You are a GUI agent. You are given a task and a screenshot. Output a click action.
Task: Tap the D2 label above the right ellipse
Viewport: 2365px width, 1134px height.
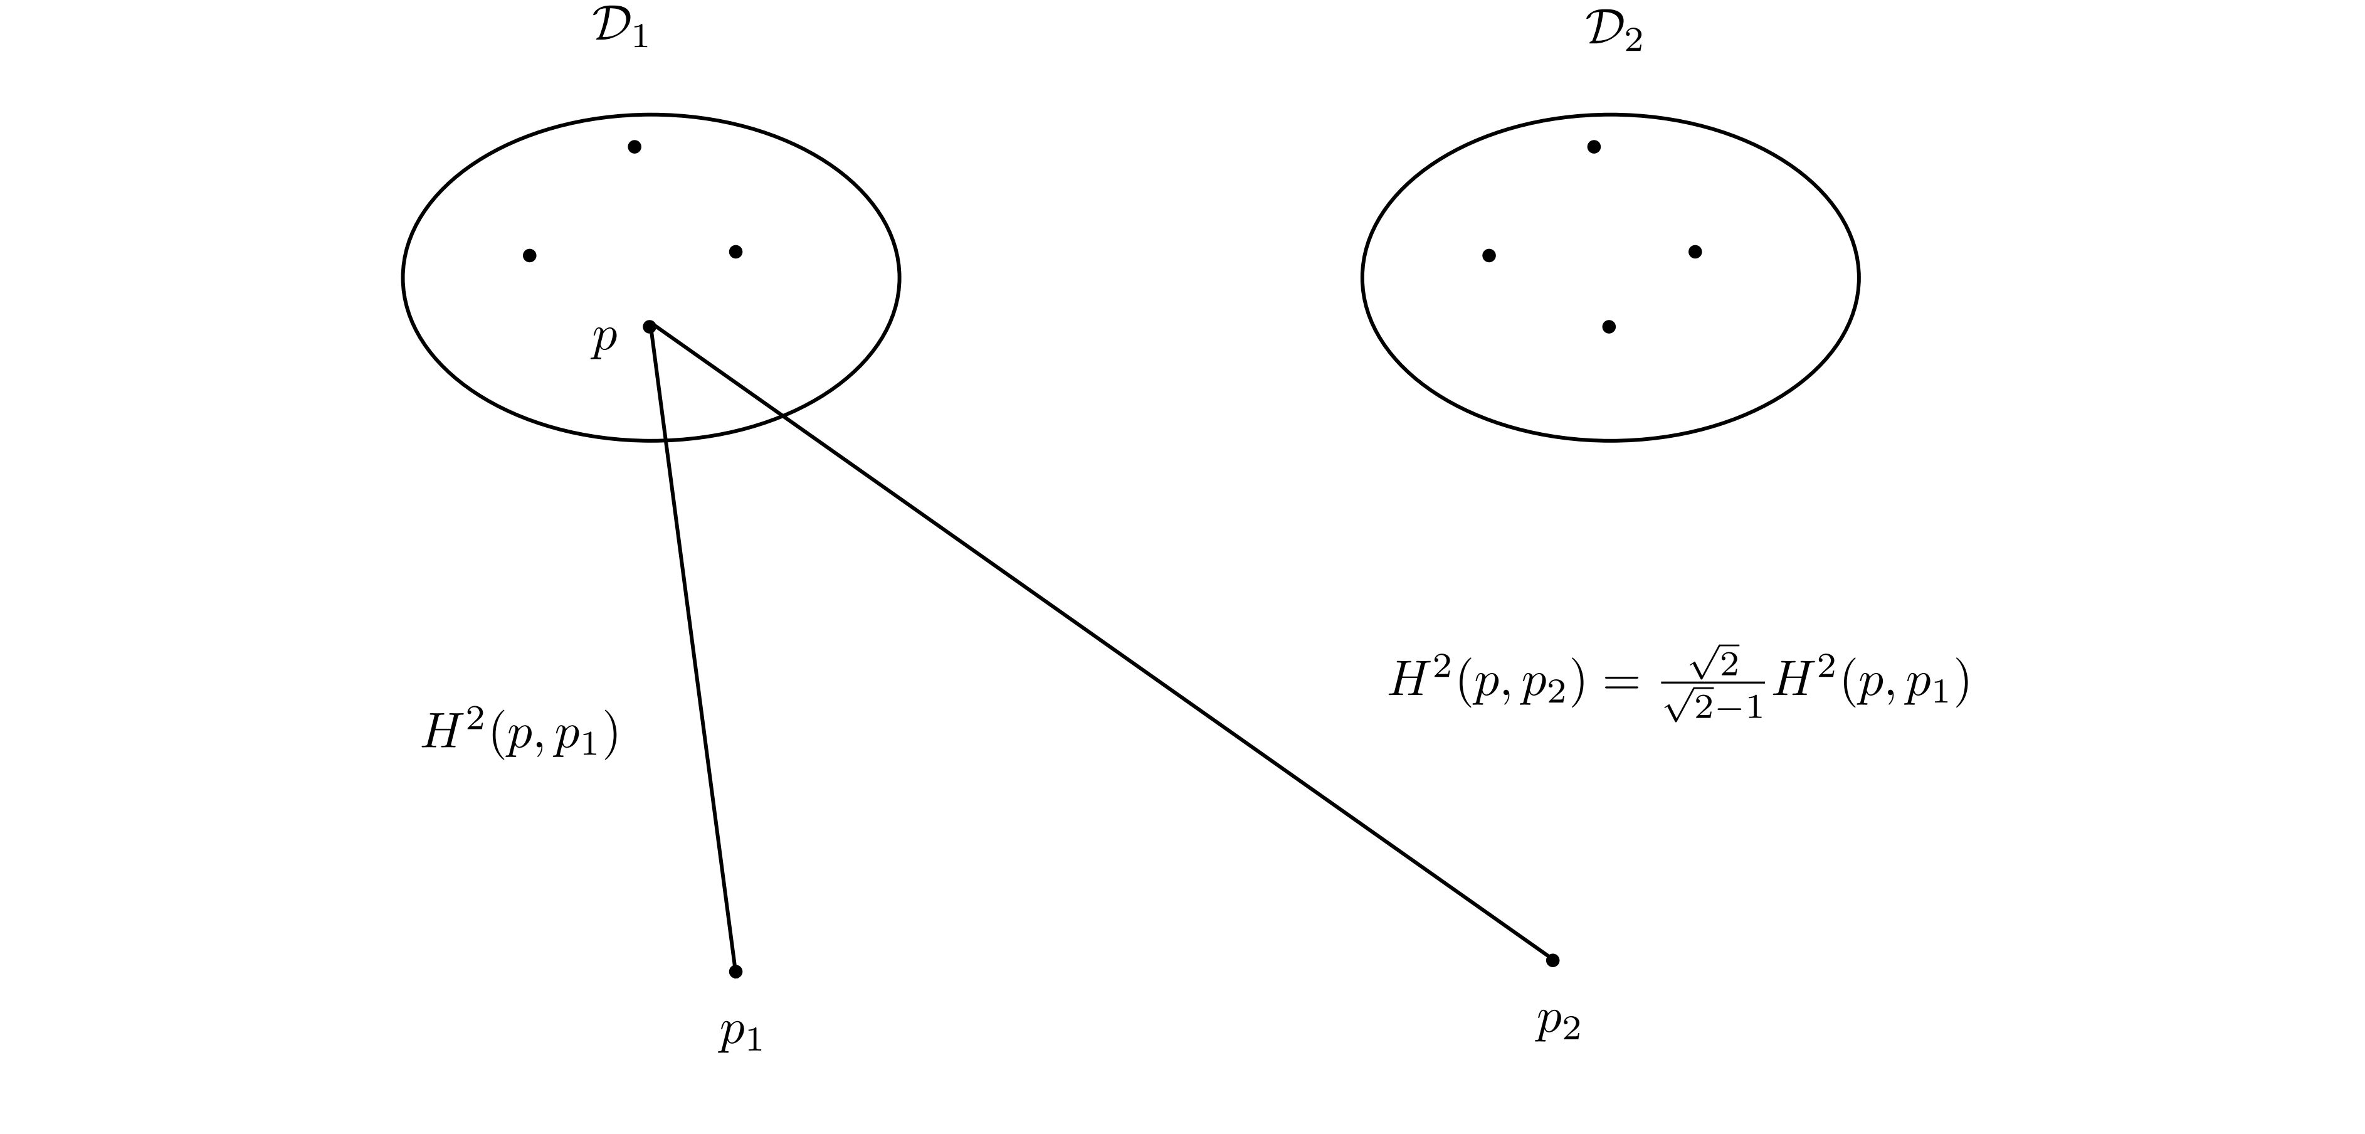pyautogui.click(x=1614, y=33)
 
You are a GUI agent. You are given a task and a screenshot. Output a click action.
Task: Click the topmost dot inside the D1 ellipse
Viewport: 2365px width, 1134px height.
pyautogui.click(x=635, y=147)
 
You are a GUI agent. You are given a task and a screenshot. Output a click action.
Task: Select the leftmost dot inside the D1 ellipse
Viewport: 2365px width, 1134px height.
pyautogui.click(x=530, y=255)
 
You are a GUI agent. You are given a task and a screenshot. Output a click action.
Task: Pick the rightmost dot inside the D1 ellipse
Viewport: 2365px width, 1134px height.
pyautogui.click(x=735, y=252)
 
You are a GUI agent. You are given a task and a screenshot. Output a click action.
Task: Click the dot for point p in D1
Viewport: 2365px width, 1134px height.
pyautogui.click(x=649, y=327)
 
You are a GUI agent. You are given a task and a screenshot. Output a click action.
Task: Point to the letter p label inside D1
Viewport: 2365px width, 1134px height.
pyautogui.click(x=603, y=338)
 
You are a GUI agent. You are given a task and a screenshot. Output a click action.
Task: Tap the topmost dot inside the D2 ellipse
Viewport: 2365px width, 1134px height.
pyautogui.click(x=1594, y=147)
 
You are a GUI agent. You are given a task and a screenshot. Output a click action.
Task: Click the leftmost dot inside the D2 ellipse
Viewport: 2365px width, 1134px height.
pyautogui.click(x=1489, y=255)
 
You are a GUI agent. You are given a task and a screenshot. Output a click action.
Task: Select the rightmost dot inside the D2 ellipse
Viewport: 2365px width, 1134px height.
pyautogui.click(x=1695, y=252)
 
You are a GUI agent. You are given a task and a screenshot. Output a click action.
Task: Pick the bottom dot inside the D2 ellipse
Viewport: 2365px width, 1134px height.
pyautogui.click(x=1608, y=327)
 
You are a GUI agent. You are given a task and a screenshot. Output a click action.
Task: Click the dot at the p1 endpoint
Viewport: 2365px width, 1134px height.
pyautogui.click(x=735, y=972)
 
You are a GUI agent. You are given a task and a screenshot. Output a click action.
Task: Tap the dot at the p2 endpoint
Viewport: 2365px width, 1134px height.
pyautogui.click(x=1552, y=960)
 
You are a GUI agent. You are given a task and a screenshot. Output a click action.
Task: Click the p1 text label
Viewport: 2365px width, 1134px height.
pyautogui.click(x=740, y=1034)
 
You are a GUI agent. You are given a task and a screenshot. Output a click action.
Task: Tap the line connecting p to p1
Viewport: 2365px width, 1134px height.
pyautogui.click(x=692, y=649)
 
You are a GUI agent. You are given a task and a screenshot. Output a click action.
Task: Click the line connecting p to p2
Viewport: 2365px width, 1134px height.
pyautogui.click(x=1101, y=644)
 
